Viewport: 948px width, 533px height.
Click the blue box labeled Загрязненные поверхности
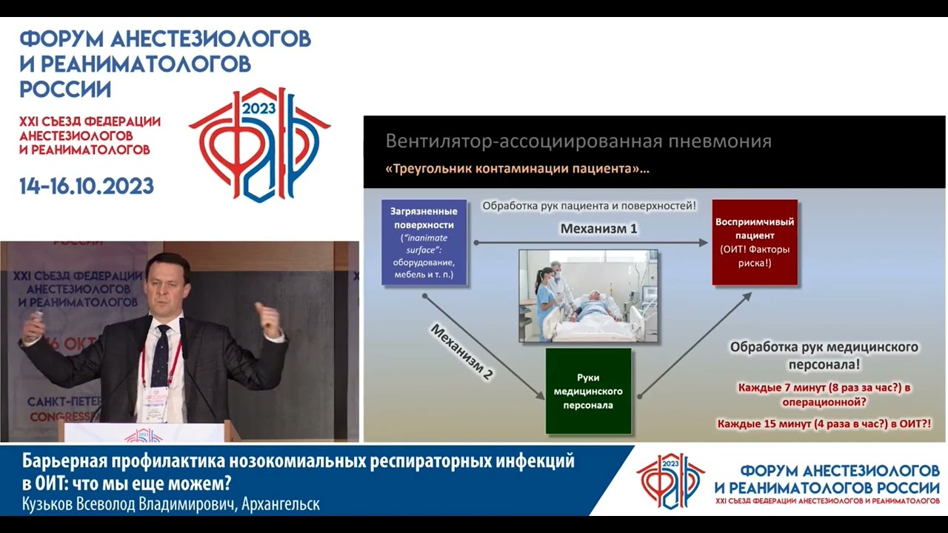(x=424, y=242)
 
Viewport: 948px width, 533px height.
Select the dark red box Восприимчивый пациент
(x=755, y=242)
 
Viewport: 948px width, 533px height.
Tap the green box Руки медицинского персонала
(x=588, y=391)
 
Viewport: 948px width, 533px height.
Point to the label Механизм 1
(x=598, y=229)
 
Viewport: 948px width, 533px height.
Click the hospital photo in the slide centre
(x=588, y=295)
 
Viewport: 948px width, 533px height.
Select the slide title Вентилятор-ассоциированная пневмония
(x=578, y=141)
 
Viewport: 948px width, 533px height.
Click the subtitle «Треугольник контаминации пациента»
(x=517, y=169)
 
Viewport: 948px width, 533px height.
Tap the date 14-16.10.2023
(x=87, y=186)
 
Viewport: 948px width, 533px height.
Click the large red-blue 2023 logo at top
(x=258, y=144)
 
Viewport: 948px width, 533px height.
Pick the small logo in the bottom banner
(x=670, y=480)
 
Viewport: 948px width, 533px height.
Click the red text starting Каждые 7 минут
(x=824, y=395)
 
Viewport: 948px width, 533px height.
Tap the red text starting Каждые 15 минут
(x=824, y=424)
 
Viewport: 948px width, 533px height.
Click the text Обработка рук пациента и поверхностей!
(x=589, y=206)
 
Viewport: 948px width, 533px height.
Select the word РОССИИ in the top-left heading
(x=65, y=90)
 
